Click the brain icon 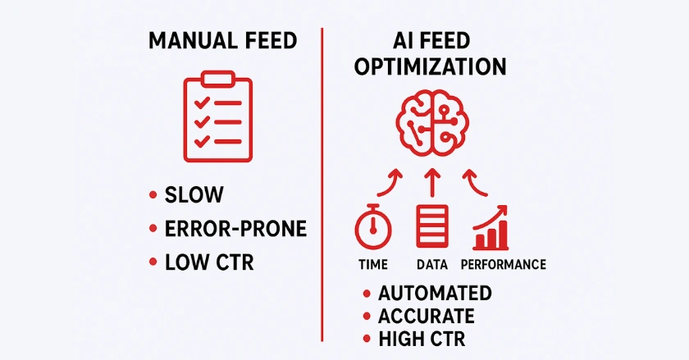coord(430,123)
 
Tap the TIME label coord(373,265)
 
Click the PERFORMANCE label coord(503,265)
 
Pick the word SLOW coord(194,195)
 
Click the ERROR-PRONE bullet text coord(235,229)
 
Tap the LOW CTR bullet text coord(208,262)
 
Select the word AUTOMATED coord(434,294)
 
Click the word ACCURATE coord(426,317)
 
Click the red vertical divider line coord(322,180)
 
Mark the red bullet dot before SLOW coord(153,195)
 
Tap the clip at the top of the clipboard coord(217,79)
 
